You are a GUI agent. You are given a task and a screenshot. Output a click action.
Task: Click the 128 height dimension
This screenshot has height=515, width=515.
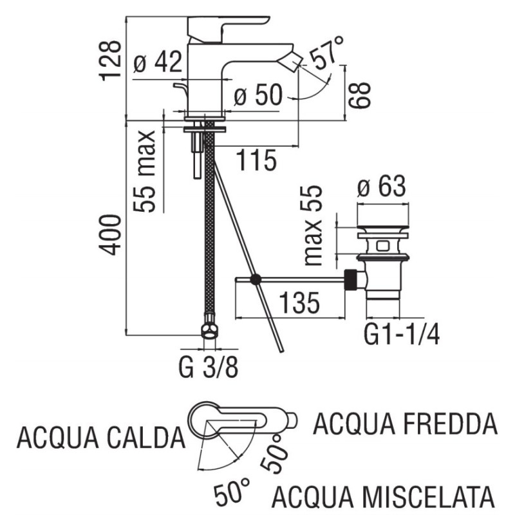110,61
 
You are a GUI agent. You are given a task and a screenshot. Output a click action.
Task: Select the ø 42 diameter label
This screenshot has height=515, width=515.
158,62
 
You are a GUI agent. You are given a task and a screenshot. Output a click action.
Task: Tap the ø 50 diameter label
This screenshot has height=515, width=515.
258,94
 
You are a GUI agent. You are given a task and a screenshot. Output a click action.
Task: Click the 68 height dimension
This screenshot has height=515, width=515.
360,95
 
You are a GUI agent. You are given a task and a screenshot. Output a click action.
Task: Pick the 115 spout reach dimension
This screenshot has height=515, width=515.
256,160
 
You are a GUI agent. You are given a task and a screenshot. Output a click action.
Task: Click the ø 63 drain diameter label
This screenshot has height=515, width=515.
382,186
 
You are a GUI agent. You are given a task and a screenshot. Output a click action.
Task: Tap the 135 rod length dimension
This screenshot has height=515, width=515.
299,302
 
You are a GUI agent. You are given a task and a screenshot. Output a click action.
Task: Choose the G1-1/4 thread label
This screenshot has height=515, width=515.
401,333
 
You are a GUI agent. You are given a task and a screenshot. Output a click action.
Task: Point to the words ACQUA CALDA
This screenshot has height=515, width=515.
101,438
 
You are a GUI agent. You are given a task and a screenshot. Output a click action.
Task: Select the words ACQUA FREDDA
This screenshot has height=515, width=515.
405,424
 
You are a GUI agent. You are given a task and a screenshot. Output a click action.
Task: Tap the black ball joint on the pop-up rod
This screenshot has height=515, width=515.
255,279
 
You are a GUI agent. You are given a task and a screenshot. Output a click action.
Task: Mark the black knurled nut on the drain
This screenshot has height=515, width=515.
350,279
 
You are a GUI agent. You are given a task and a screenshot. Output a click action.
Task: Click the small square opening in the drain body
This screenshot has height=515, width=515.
382,246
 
